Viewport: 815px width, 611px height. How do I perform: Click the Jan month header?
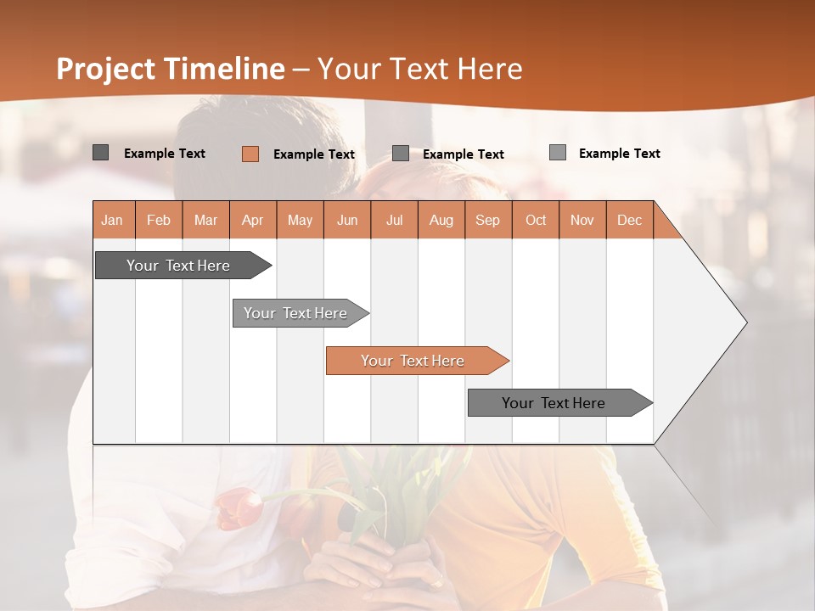[113, 220]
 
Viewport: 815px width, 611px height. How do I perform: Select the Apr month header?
[252, 220]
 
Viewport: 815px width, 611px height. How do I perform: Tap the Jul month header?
[394, 220]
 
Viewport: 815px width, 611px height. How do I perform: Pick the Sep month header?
[487, 220]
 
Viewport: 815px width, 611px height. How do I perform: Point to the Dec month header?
[629, 220]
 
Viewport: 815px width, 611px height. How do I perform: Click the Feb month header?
[159, 220]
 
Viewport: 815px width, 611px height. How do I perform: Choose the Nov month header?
[582, 220]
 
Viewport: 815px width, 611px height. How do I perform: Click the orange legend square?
[250, 154]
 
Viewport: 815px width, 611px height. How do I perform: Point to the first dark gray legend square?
[100, 153]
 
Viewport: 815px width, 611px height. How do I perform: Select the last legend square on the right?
[557, 153]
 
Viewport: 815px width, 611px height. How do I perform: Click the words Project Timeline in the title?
[170, 69]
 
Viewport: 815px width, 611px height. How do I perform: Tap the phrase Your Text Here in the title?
[420, 69]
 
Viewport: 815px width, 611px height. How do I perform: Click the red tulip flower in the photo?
[239, 509]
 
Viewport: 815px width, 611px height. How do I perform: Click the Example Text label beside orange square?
[313, 154]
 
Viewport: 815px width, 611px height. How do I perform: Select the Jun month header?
[346, 220]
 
